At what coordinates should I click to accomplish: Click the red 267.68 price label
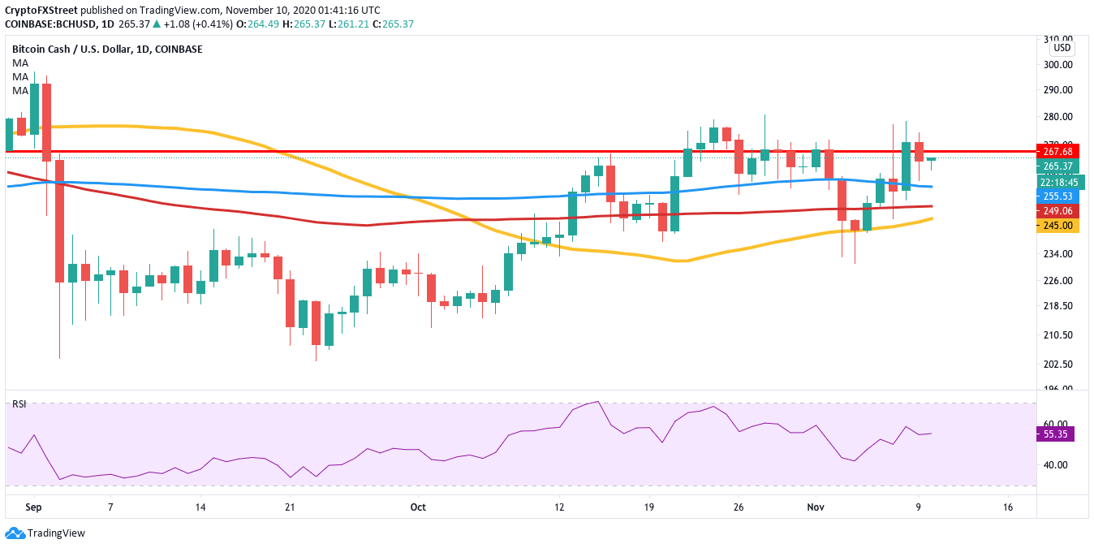(1057, 151)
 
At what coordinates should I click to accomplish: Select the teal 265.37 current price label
(1057, 166)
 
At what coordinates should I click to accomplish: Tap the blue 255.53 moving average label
(1057, 196)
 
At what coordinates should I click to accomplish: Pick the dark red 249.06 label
(1057, 210)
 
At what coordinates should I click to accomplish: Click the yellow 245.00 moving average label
(1057, 226)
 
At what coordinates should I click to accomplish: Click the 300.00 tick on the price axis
(1057, 65)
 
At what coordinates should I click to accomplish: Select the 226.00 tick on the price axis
(1057, 281)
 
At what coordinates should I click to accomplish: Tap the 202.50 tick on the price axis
(1057, 364)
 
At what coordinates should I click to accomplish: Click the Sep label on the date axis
(34, 506)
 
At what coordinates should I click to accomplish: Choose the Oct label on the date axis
(418, 506)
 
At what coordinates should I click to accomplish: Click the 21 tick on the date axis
(288, 506)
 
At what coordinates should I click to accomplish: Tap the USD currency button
(1062, 48)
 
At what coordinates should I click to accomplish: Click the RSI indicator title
(18, 403)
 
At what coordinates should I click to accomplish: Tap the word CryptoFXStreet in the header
(42, 10)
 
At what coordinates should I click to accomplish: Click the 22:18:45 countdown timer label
(1057, 182)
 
